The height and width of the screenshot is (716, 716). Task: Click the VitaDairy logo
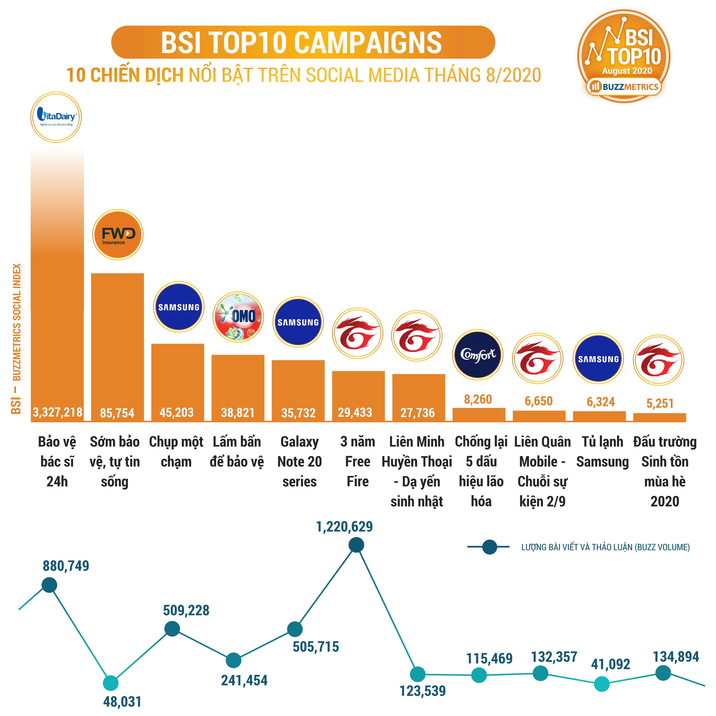tap(56, 117)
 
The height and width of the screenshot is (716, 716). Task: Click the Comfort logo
tap(478, 355)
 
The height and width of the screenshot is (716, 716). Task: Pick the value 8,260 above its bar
tap(478, 399)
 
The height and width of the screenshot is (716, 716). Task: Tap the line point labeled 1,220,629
tap(356, 545)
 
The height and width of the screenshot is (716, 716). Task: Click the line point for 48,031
tap(111, 683)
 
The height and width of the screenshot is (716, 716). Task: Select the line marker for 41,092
tap(601, 684)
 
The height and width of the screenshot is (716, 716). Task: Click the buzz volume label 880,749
tap(66, 566)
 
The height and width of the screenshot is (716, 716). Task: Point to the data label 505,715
tap(316, 647)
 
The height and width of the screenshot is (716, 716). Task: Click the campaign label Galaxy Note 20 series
tap(300, 461)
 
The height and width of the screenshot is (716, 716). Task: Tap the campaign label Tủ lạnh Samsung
tap(602, 451)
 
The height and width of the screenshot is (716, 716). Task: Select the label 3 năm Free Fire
tap(358, 461)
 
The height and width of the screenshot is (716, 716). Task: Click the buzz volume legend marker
tap(490, 547)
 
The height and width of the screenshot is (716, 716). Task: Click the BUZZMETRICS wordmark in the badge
tap(630, 87)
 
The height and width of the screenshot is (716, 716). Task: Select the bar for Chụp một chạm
tap(178, 382)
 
